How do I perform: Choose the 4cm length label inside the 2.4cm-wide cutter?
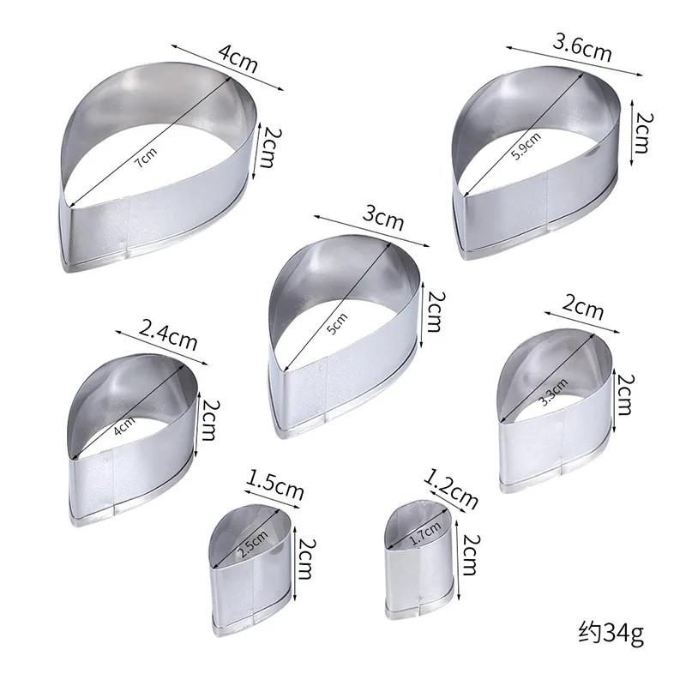(x=126, y=422)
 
